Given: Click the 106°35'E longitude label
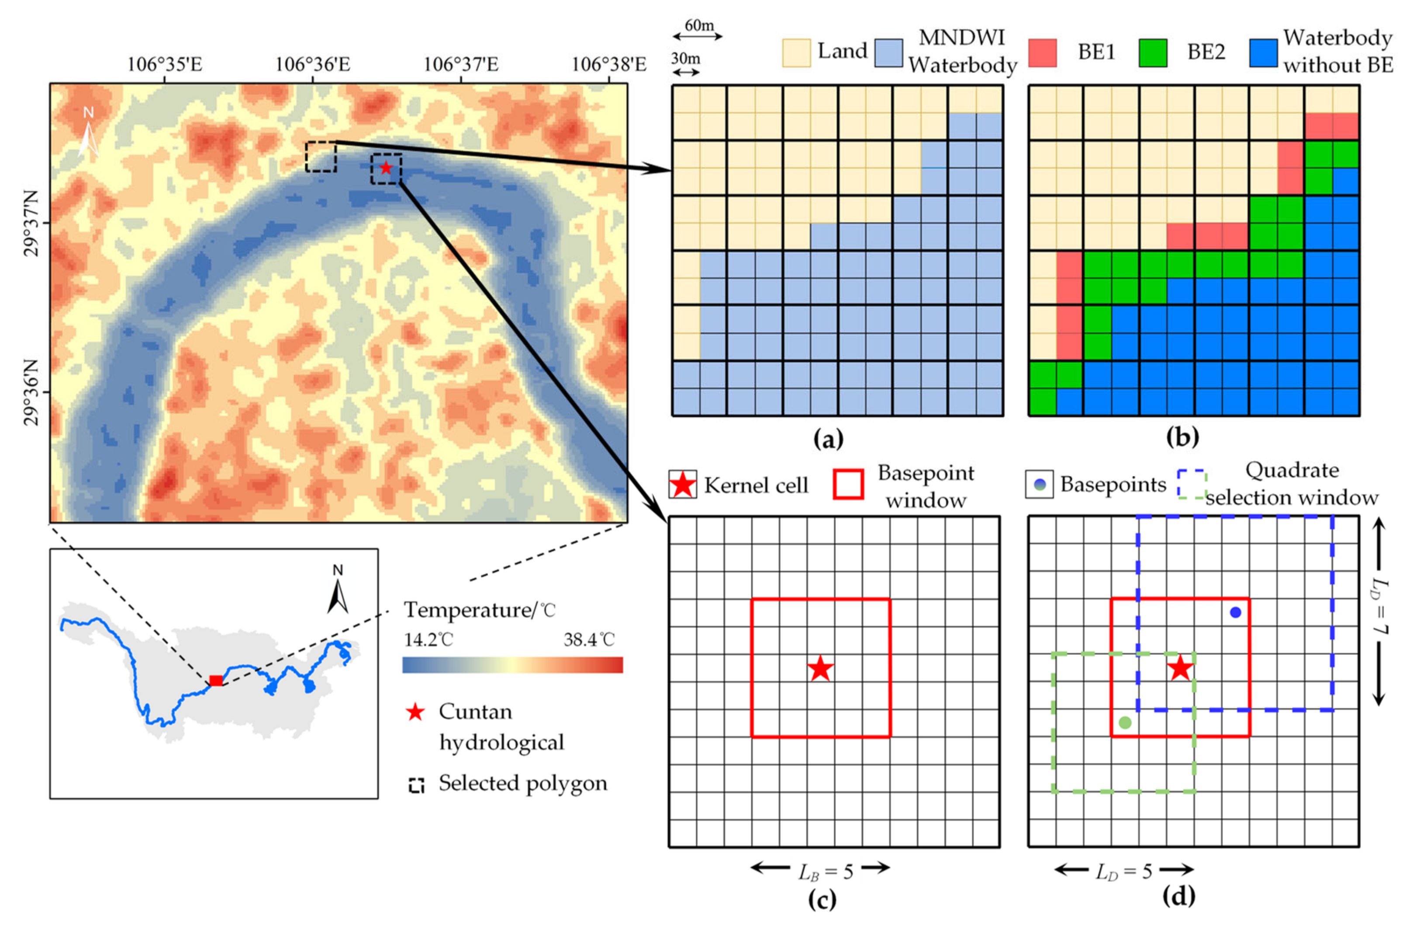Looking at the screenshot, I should click(164, 64).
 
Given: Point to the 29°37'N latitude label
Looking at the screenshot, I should click(31, 223).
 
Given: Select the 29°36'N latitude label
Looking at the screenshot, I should click(31, 392).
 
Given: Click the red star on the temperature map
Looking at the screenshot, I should click(386, 168).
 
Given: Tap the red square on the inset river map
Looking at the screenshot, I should click(216, 681).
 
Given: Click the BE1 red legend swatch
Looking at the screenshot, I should click(1042, 53).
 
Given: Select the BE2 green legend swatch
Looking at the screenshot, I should click(1152, 53).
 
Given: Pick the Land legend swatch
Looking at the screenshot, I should click(796, 53).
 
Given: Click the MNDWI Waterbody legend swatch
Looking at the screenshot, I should click(888, 53).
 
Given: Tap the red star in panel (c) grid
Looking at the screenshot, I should click(820, 669).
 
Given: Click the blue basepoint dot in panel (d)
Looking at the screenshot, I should click(1235, 612).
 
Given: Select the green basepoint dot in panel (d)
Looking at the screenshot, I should click(1125, 723).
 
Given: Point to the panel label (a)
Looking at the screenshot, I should click(828, 439).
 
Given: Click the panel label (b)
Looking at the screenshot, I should click(1182, 437).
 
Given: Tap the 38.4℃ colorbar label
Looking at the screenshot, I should click(589, 640).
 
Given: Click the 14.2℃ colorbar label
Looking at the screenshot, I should click(428, 640).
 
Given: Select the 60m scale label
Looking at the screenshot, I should click(699, 26).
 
